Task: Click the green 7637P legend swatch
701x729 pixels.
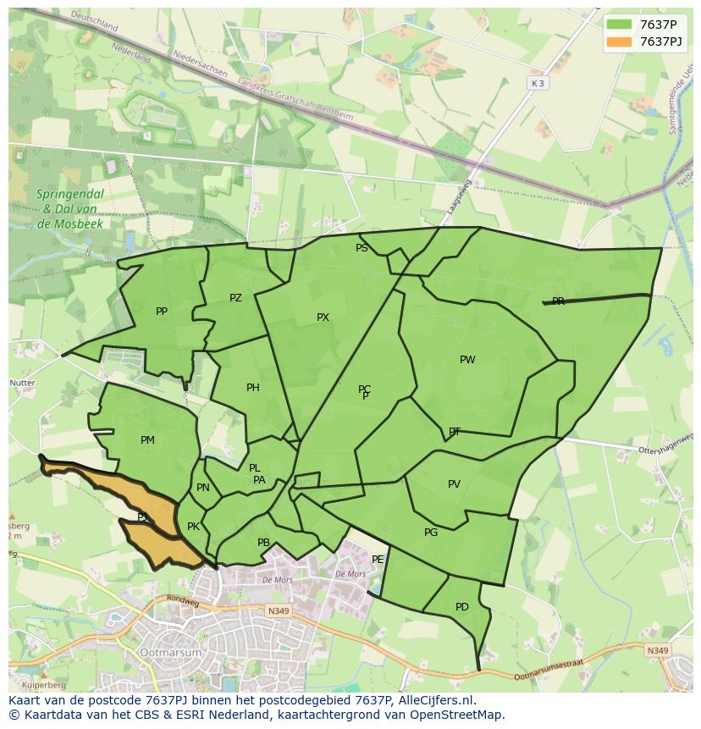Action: point(619,25)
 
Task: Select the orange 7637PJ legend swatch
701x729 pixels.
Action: point(619,41)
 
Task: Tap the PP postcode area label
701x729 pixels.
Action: point(162,312)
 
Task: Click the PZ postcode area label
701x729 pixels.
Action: point(235,298)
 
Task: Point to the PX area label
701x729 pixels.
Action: point(323,318)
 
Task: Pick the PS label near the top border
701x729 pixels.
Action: point(362,248)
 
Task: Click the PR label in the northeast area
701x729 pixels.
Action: point(558,301)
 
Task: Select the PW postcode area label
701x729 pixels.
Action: point(467,360)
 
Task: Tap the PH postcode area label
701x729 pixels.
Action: point(253,388)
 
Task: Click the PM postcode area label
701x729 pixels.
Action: point(147,440)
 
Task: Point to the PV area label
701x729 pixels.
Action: point(454,484)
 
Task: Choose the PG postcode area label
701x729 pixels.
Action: point(431,533)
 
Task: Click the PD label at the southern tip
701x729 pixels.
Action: point(461,607)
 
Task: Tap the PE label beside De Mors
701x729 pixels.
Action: point(378,560)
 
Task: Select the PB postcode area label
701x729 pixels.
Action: point(263,543)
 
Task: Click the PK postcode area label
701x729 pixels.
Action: point(193,527)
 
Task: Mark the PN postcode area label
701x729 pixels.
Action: point(202,488)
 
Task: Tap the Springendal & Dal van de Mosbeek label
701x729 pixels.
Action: point(70,208)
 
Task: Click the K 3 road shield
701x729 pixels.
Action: point(538,83)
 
